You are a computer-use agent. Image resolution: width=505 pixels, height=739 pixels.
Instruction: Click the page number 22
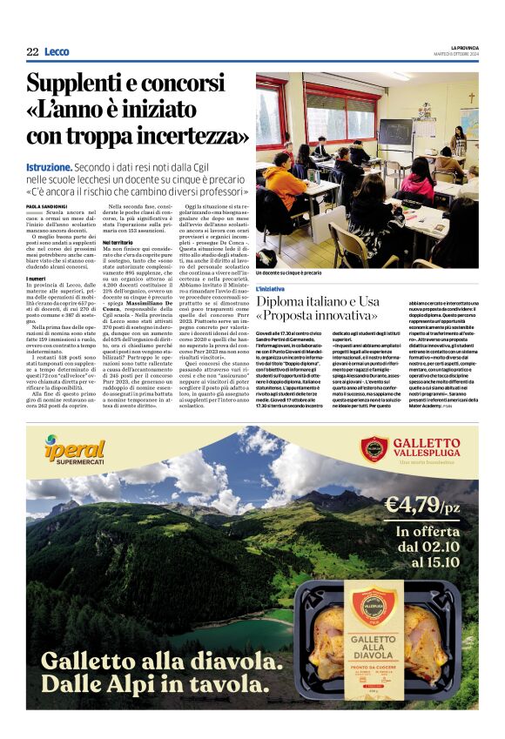tap(32, 52)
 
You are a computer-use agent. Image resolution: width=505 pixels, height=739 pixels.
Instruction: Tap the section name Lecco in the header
tap(57, 52)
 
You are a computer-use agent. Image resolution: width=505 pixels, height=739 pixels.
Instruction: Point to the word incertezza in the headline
tap(184, 135)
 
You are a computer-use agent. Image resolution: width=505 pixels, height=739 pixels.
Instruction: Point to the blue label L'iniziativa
tap(270, 288)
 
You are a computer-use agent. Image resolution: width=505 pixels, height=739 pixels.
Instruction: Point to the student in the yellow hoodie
tap(287, 179)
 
